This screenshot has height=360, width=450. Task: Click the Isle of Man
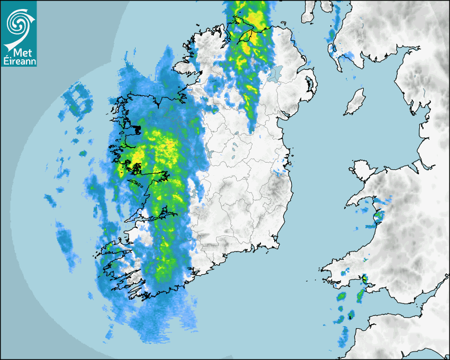point(355,102)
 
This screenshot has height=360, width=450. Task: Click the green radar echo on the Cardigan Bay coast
point(379,215)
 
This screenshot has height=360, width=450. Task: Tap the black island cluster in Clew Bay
point(137,130)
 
